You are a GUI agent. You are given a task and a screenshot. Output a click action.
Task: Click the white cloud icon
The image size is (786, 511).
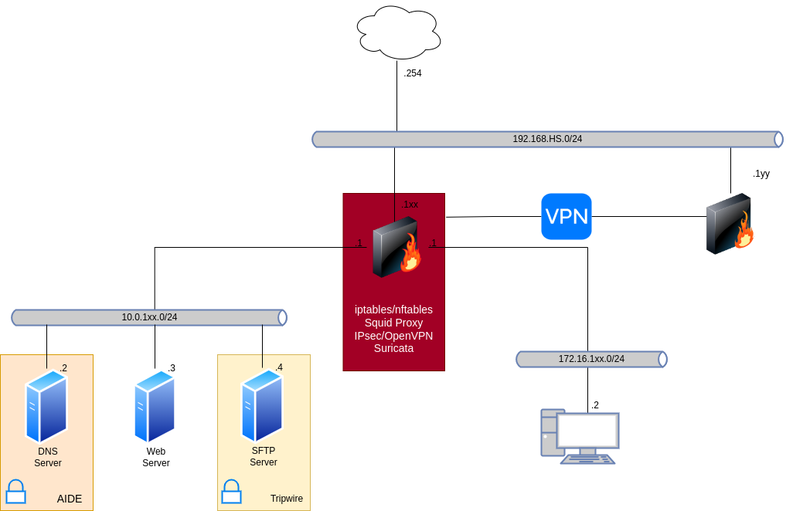399,33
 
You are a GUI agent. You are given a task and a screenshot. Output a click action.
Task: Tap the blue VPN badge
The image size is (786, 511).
567,217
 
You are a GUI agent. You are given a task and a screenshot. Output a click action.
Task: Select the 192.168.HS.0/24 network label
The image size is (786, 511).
547,139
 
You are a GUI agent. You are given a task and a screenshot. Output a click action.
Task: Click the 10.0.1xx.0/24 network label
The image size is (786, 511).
149,317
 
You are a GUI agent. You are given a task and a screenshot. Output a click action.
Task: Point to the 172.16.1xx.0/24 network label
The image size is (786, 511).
591,359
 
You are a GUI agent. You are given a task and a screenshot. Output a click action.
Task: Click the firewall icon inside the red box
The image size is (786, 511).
396,247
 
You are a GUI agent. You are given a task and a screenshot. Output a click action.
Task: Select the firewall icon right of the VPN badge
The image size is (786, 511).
730,225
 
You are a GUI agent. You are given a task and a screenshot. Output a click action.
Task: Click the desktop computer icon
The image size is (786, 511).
580,437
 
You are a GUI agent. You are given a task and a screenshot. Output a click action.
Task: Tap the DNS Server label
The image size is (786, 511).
48,457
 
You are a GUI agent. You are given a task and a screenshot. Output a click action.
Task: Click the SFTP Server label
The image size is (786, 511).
264,456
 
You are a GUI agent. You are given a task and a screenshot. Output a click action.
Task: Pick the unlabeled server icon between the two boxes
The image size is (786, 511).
155,406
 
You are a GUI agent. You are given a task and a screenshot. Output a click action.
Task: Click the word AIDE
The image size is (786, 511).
70,499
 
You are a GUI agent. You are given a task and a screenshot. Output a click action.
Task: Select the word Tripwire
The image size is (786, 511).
287,499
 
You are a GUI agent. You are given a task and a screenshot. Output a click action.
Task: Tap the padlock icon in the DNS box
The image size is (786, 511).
15,491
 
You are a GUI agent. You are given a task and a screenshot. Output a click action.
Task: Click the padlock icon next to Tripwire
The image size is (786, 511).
231,491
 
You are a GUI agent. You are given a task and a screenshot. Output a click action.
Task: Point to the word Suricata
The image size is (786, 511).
393,348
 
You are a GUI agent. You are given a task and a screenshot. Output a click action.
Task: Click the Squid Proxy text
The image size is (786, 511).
393,323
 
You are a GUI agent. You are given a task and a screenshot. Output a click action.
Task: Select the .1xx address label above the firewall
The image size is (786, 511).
410,205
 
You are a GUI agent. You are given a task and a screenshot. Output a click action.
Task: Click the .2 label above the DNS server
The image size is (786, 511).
63,368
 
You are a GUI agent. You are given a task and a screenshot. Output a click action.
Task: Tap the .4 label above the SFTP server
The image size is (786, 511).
279,367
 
